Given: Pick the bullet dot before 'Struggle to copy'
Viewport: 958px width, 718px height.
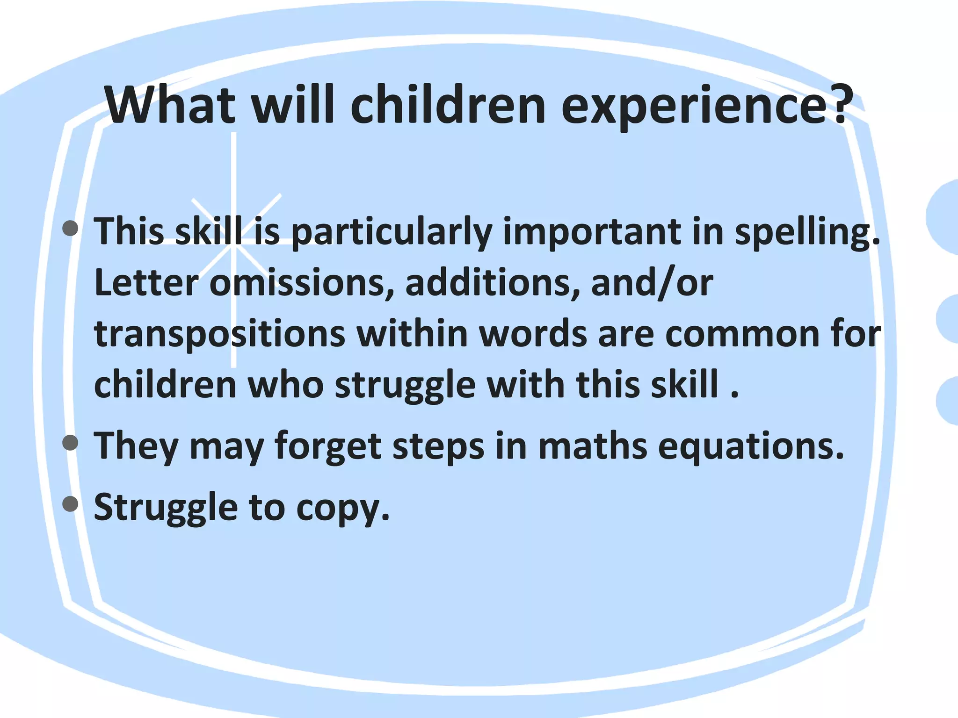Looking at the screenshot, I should [x=70, y=504].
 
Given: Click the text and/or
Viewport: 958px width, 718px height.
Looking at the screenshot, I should [x=652, y=283].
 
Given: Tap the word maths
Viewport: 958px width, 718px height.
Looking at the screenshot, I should [x=592, y=446].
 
